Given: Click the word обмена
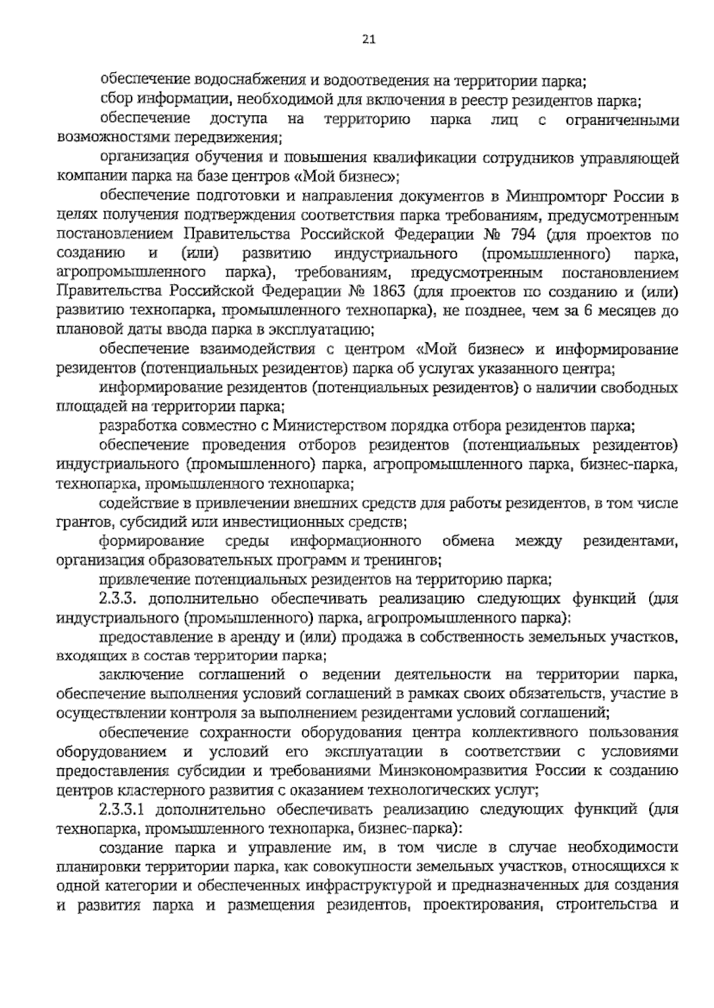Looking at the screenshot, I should click(468, 542).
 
